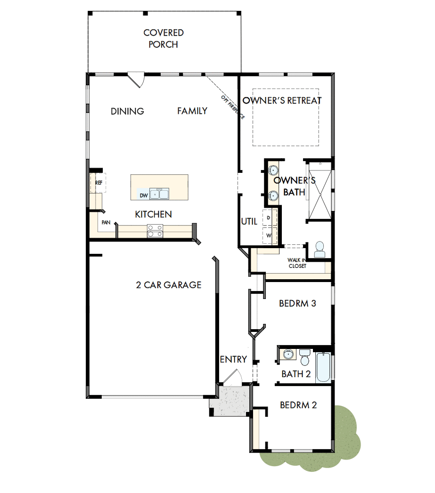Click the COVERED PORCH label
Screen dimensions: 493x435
pyautogui.click(x=164, y=39)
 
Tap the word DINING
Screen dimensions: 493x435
pyautogui.click(x=127, y=111)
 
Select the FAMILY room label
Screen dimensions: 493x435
pyautogui.click(x=192, y=111)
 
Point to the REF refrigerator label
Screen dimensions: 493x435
pyautogui.click(x=99, y=182)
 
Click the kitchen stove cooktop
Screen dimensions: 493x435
pyautogui.click(x=155, y=231)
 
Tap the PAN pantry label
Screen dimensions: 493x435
pyautogui.click(x=106, y=223)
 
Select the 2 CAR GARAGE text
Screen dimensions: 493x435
pyautogui.click(x=169, y=285)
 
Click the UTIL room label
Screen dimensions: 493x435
pyautogui.click(x=249, y=221)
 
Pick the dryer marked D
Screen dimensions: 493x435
pyautogui.click(x=269, y=218)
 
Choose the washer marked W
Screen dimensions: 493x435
pyautogui.click(x=269, y=235)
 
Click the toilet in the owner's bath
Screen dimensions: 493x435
pyautogui.click(x=320, y=250)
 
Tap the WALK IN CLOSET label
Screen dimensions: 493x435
pyautogui.click(x=297, y=263)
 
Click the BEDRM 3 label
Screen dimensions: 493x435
pyautogui.click(x=297, y=303)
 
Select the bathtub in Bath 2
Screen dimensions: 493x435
pyautogui.click(x=324, y=367)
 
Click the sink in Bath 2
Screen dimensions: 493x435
pyautogui.click(x=287, y=354)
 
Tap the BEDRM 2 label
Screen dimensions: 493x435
pyautogui.click(x=298, y=405)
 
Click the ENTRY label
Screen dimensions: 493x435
pyautogui.click(x=233, y=359)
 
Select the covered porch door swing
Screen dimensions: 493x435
pyautogui.click(x=137, y=79)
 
